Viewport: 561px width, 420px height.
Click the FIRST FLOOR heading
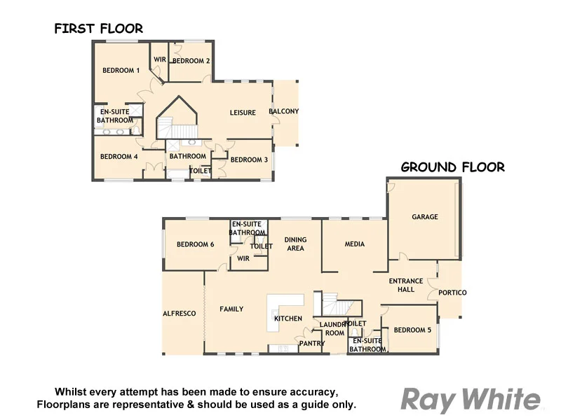click(99, 29)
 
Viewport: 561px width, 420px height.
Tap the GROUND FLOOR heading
click(452, 167)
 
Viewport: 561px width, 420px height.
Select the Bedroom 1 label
click(121, 70)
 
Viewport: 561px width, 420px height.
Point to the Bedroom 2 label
click(191, 61)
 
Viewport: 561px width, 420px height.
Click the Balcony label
click(284, 111)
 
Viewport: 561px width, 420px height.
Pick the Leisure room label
click(243, 113)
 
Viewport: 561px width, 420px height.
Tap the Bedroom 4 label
click(119, 157)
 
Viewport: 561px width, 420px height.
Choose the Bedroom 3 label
click(249, 160)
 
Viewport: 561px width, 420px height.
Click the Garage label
click(425, 217)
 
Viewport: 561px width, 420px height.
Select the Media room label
click(355, 244)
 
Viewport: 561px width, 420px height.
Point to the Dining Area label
click(295, 244)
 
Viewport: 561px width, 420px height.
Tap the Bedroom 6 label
click(195, 244)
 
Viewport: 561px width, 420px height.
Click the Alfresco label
click(179, 314)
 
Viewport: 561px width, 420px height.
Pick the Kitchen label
click(288, 319)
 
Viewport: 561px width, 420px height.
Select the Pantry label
click(311, 344)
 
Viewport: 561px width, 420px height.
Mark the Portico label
click(452, 293)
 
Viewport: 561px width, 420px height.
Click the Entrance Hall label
click(406, 286)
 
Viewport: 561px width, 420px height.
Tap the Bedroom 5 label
click(412, 330)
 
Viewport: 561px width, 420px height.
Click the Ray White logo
click(471, 400)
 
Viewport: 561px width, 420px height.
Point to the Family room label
click(231, 309)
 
